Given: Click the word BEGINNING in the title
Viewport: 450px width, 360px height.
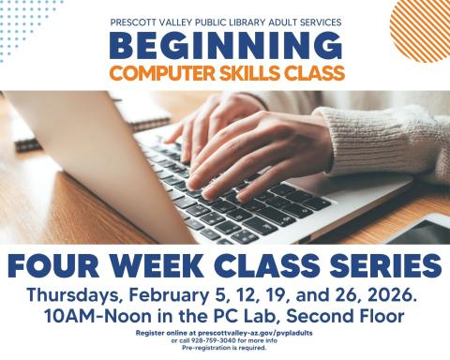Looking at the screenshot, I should (x=225, y=45).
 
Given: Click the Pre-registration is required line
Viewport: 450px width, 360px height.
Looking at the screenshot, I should (x=225, y=348).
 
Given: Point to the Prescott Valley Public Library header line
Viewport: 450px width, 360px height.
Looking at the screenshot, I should (x=225, y=20).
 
